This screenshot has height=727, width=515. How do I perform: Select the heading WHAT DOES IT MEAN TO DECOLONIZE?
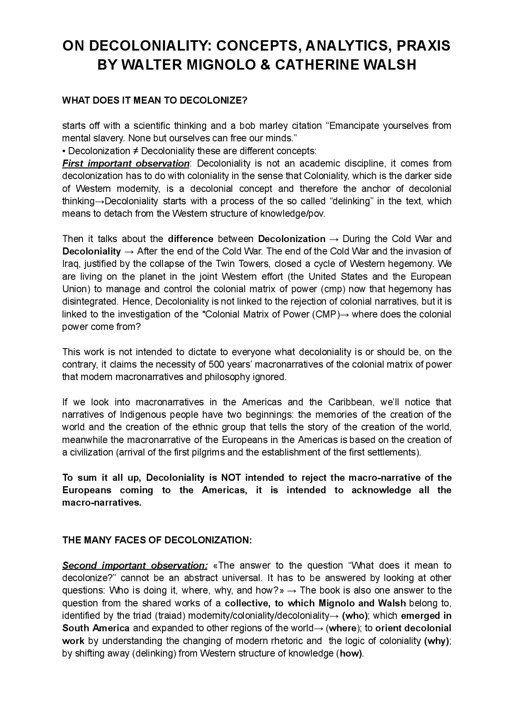pyautogui.click(x=154, y=101)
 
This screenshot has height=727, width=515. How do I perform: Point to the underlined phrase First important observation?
pyautogui.click(x=126, y=164)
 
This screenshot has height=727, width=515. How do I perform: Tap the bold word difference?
pyautogui.click(x=190, y=239)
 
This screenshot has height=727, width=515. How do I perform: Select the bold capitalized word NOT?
pyautogui.click(x=231, y=478)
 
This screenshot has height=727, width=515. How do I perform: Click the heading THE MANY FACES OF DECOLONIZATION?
pyautogui.click(x=157, y=540)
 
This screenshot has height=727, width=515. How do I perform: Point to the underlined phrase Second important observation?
pyautogui.click(x=135, y=566)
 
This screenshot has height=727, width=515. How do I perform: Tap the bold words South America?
pyautogui.click(x=96, y=628)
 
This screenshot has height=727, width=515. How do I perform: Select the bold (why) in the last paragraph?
pyautogui.click(x=437, y=641)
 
